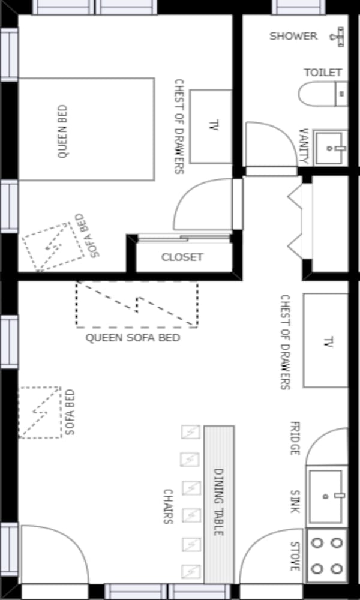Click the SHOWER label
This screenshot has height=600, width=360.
point(293,37)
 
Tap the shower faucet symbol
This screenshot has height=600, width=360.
point(337,37)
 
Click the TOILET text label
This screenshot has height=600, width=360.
point(323,73)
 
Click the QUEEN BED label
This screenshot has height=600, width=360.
point(63,131)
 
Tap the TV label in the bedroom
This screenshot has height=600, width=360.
point(214,125)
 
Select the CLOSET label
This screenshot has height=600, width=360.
point(182,257)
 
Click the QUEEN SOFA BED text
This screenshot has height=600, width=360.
point(133,338)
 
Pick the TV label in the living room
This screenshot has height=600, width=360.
point(328,342)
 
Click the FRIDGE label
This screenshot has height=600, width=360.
point(294,438)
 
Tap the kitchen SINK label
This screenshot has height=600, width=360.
point(294,502)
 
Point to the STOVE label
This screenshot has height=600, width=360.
point(294,556)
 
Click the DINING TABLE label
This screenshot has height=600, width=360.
point(218,502)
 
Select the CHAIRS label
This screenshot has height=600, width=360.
point(168,506)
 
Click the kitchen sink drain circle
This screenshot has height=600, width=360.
point(326,497)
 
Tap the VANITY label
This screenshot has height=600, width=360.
point(304,146)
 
